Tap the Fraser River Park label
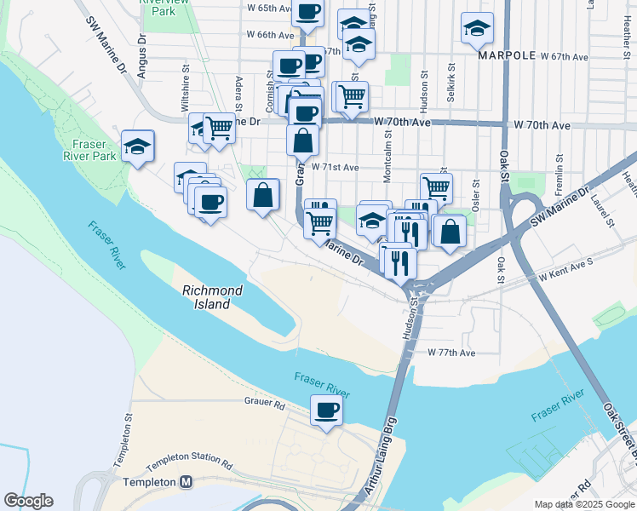89,150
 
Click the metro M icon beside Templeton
187,482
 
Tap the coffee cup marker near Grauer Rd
326,411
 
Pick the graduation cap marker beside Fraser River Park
137,146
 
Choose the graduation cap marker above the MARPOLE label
477,28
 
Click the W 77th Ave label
451,352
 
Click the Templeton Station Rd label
189,463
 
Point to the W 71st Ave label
335,168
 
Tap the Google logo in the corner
28,501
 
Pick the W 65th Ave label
267,8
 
